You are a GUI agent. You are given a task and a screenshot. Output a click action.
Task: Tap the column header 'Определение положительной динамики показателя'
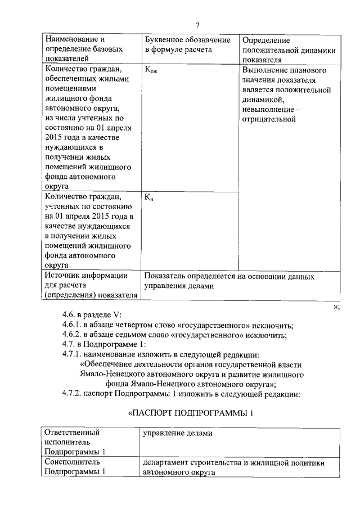tap(289, 50)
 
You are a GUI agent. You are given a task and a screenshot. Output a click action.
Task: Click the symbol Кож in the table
tap(151, 71)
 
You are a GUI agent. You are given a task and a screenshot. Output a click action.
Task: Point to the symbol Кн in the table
tap(149, 197)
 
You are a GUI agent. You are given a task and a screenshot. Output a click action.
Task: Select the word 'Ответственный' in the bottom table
tap(72, 433)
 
